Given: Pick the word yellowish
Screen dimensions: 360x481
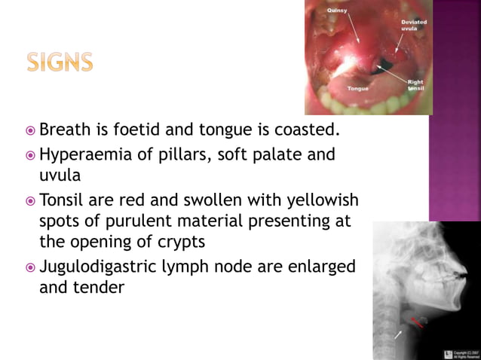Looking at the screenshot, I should point(321,201).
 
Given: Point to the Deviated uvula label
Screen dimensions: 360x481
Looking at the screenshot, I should point(414,26).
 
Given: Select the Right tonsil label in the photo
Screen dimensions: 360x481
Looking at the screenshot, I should point(415,85).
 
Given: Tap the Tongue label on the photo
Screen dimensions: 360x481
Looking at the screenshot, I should point(358,88).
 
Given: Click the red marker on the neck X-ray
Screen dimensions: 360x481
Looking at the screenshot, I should point(416,322).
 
